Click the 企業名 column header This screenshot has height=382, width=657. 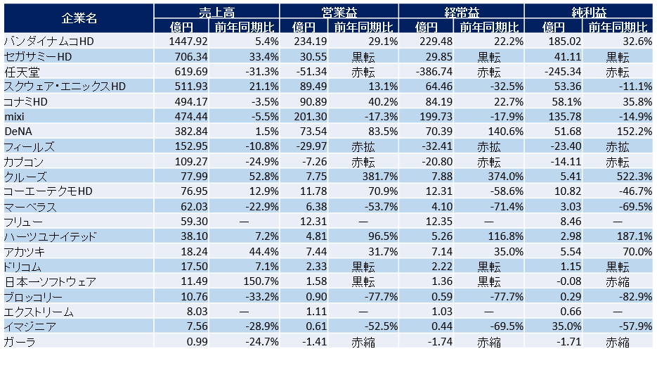tap(79, 18)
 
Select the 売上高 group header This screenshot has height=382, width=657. tap(216, 12)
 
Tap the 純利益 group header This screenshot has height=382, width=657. tap(589, 12)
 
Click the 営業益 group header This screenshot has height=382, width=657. tap(339, 12)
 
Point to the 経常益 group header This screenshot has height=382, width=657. tap(462, 12)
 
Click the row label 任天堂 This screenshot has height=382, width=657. tap(22, 72)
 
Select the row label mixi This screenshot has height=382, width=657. tap(15, 117)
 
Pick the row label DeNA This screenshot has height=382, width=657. tap(18, 132)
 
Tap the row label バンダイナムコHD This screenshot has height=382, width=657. tap(49, 42)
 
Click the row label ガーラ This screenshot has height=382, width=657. tap(20, 342)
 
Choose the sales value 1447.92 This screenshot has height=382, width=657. tap(188, 42)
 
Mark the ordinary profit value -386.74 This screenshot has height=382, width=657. tap(434, 72)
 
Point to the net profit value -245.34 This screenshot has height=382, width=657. tap(563, 72)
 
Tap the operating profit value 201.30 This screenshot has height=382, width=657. tap(310, 117)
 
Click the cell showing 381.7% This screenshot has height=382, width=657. tap(380, 177)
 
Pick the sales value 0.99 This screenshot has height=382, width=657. tap(197, 342)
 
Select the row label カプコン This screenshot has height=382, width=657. tap(24, 162)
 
